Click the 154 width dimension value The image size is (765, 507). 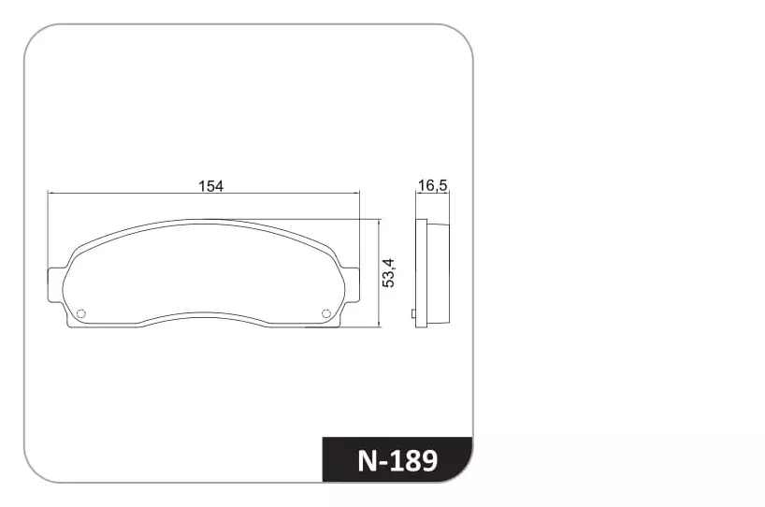[210, 186]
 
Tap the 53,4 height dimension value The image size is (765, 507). [388, 273]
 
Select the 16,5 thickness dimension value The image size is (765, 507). [433, 185]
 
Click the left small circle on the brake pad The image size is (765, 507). [81, 313]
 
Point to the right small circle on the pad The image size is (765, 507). [326, 313]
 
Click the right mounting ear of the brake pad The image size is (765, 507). [352, 285]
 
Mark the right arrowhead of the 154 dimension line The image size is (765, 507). [356, 194]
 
